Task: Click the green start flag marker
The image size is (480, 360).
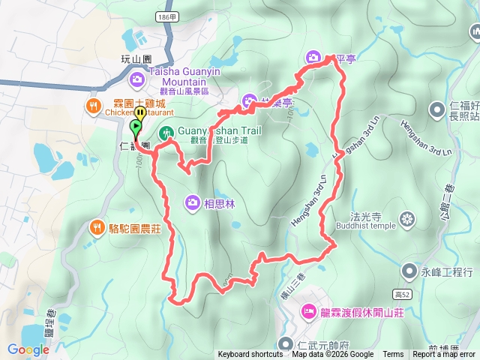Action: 136,127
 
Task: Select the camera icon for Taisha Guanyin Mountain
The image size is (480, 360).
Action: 137,78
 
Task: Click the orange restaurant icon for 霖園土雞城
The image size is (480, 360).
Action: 94,106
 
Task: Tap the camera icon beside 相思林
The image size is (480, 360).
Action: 193,202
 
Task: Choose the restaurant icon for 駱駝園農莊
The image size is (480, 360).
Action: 97,226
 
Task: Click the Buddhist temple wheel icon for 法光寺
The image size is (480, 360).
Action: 406,219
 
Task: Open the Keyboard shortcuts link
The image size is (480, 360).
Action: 250,355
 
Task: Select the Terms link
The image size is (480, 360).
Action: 393,355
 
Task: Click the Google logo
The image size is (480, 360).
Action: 28,349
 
